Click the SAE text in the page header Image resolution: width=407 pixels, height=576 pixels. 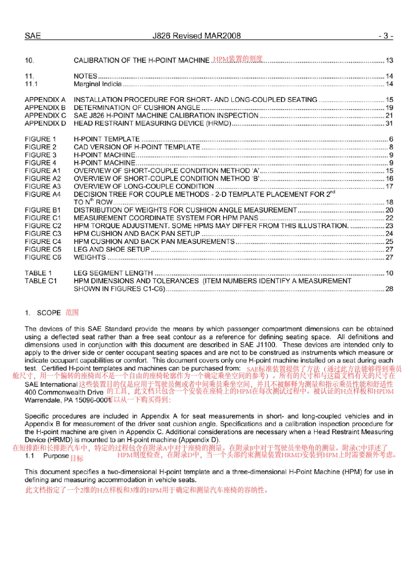coord(33,36)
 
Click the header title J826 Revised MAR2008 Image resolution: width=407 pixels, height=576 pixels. coord(197,36)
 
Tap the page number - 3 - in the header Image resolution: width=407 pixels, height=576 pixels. coord(386,36)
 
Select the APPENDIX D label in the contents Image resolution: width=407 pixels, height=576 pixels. coord(45,123)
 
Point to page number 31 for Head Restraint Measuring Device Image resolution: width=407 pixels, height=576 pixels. coord(389,123)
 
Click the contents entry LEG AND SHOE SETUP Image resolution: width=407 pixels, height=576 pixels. coord(111,249)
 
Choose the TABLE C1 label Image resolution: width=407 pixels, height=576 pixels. coord(41,281)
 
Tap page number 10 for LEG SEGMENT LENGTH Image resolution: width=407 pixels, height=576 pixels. coord(389,273)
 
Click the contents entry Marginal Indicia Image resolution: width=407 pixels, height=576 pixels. coord(98,84)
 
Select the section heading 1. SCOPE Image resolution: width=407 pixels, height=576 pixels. coord(43,313)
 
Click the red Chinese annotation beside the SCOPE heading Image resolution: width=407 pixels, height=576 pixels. coord(72,313)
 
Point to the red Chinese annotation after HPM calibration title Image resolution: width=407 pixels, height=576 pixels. coord(238,59)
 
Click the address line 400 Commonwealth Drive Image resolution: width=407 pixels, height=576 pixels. coord(64,392)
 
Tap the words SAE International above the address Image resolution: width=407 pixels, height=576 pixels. coord(51,385)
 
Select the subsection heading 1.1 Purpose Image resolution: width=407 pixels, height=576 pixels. coord(47,456)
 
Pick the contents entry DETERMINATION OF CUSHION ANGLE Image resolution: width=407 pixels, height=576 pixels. coord(137,107)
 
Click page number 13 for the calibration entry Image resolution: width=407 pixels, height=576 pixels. coord(389,60)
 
